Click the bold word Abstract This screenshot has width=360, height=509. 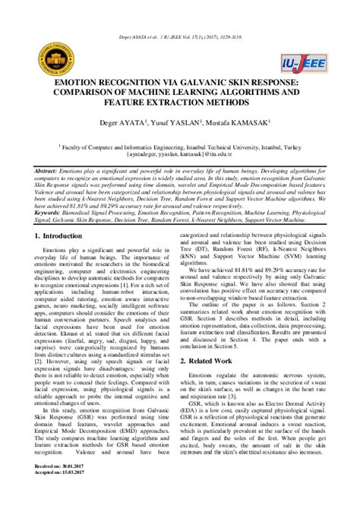click(49, 172)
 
